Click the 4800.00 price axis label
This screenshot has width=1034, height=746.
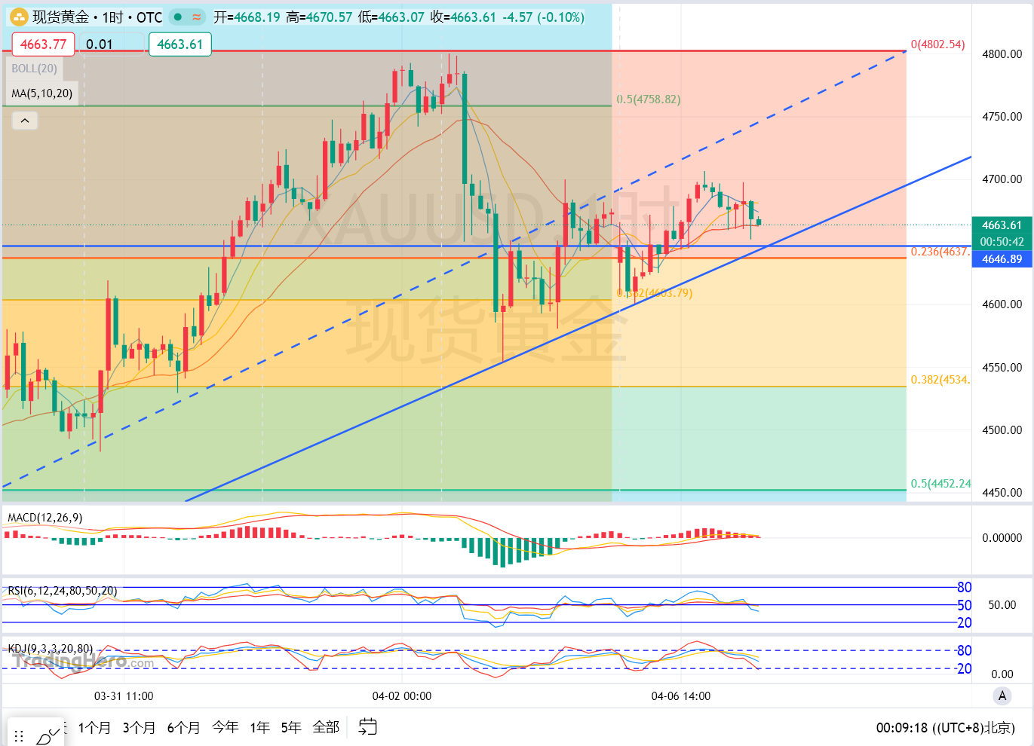pos(1002,54)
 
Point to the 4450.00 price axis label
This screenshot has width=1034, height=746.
pos(1002,493)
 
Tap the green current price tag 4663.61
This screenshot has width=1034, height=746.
pos(1002,225)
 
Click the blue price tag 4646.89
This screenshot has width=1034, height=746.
pos(1002,259)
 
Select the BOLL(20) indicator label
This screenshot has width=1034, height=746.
pos(34,69)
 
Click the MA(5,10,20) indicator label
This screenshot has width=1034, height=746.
pos(42,93)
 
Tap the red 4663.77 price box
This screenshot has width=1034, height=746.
pos(43,44)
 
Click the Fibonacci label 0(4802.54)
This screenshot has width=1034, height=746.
pos(937,44)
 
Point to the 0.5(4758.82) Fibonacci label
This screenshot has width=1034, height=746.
pos(648,99)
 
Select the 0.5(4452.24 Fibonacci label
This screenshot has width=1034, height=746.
pos(940,484)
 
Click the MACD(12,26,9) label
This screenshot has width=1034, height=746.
pos(44,518)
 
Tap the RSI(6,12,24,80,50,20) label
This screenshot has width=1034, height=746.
pos(63,591)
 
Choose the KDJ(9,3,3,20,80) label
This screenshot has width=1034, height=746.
pos(51,649)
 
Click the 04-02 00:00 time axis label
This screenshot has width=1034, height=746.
pos(402,696)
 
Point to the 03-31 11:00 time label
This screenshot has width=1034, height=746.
pos(124,696)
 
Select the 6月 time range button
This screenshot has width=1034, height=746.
pos(183,727)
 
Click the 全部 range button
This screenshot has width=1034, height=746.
pos(326,727)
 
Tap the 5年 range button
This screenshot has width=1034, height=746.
pos(291,727)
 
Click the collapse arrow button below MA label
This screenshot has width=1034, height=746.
pos(25,121)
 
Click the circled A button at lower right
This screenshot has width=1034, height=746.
pos(1002,696)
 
